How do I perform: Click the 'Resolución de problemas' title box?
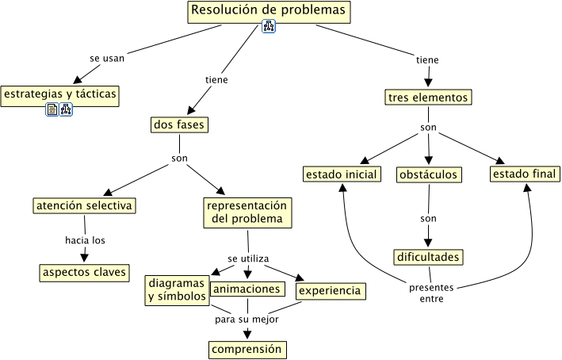pyautogui.click(x=269, y=12)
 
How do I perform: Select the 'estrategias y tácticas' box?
pyautogui.click(x=60, y=95)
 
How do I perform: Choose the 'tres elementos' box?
pyautogui.click(x=428, y=98)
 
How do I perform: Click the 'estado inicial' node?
pyautogui.click(x=342, y=174)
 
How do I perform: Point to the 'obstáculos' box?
pyautogui.click(x=429, y=174)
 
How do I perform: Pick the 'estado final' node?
pyautogui.click(x=525, y=174)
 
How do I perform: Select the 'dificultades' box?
pyautogui.click(x=428, y=257)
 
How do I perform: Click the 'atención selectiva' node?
pyautogui.click(x=84, y=205)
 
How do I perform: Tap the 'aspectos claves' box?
pyautogui.click(x=84, y=272)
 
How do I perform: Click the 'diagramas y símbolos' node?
pyautogui.click(x=177, y=290)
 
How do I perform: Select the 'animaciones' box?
pyautogui.click(x=247, y=289)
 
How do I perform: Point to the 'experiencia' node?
pyautogui.click(x=331, y=291)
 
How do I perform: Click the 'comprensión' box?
pyautogui.click(x=247, y=348)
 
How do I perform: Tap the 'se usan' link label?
pyautogui.click(x=106, y=57)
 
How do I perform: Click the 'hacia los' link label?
pyautogui.click(x=85, y=239)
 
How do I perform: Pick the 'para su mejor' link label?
pyautogui.click(x=247, y=320)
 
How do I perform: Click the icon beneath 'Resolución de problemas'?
pyautogui.click(x=268, y=29)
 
